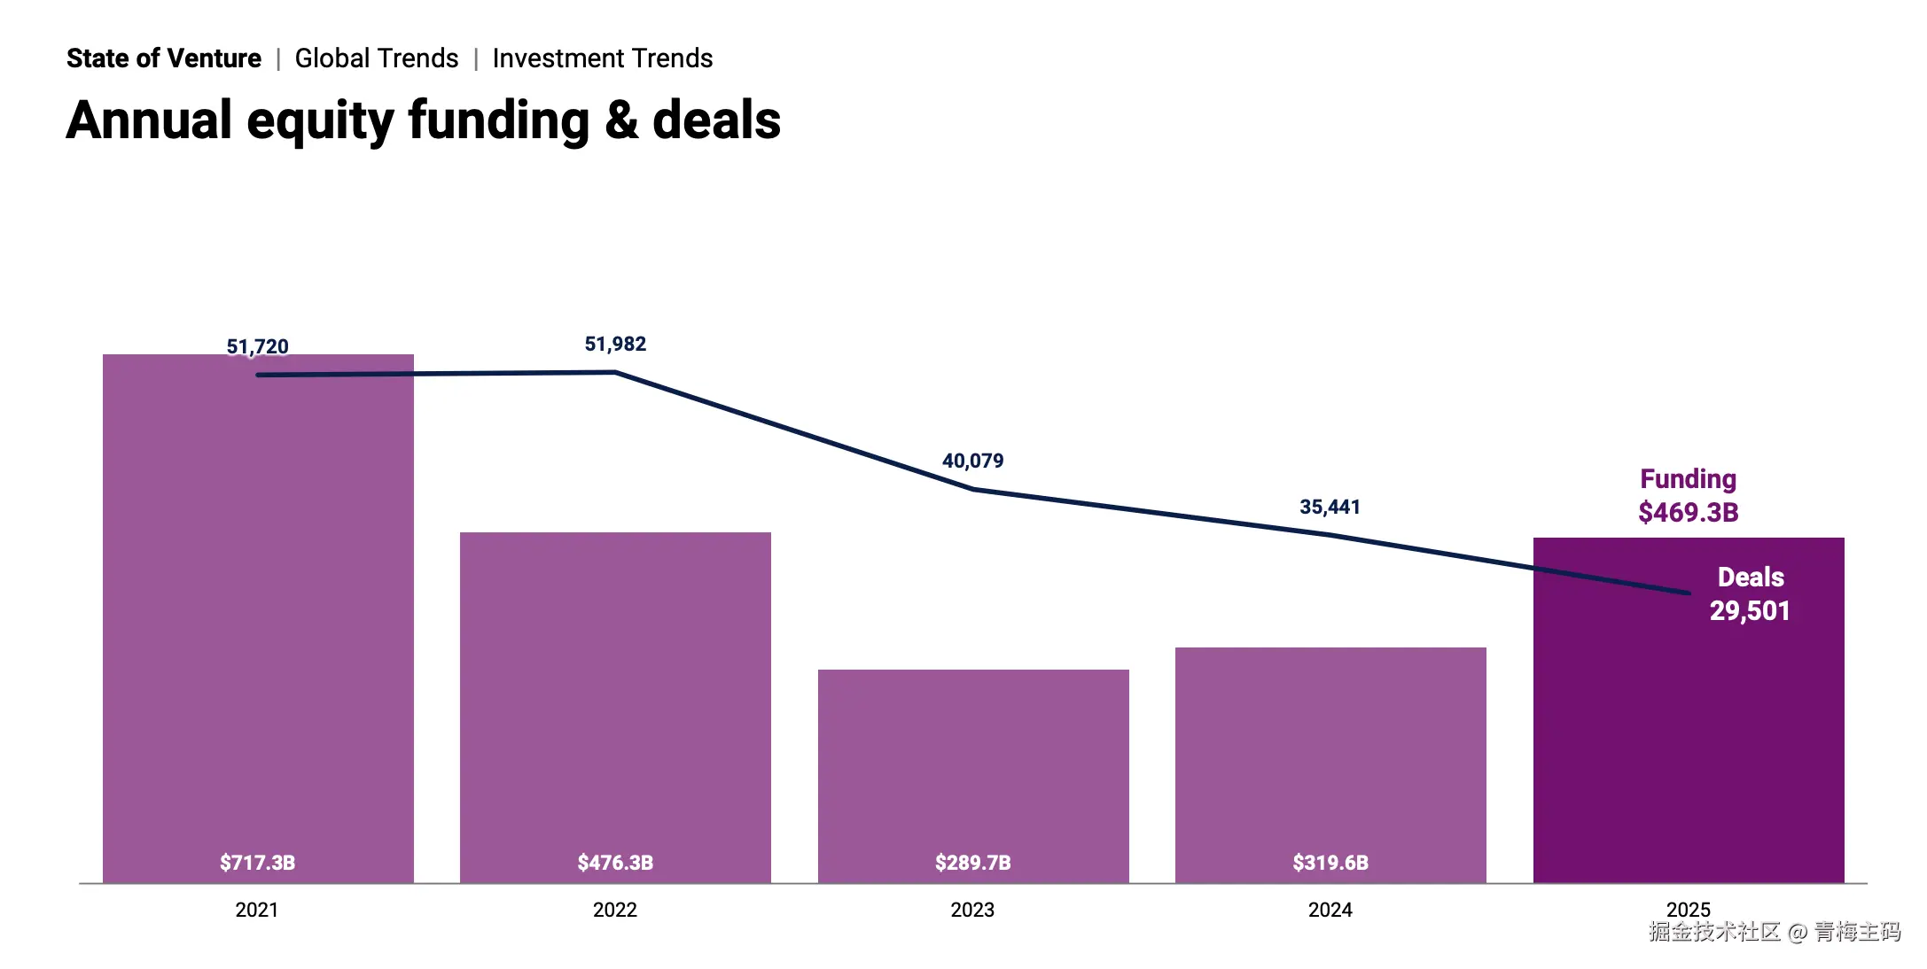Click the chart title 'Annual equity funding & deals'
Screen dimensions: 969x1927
coord(423,120)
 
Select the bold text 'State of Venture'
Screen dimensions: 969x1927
coord(164,58)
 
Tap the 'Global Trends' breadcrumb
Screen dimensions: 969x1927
coord(377,58)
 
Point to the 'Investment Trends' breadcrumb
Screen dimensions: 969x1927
coord(603,58)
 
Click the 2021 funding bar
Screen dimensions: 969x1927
coord(258,620)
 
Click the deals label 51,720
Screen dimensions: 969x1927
coord(258,346)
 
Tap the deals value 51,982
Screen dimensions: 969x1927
coord(615,344)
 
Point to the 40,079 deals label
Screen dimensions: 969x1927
coord(972,461)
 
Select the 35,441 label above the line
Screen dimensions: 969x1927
coord(1330,507)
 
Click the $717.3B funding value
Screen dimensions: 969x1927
coord(258,863)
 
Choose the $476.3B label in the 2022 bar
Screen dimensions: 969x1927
coord(615,863)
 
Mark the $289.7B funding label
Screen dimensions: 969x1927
coord(972,863)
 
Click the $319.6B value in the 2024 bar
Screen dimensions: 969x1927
coord(1330,863)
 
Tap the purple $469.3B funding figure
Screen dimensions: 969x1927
coord(1688,512)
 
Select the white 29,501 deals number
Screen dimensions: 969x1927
coord(1750,610)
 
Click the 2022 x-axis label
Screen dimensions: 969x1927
coord(615,910)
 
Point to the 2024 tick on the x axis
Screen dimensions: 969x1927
coord(1330,910)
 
